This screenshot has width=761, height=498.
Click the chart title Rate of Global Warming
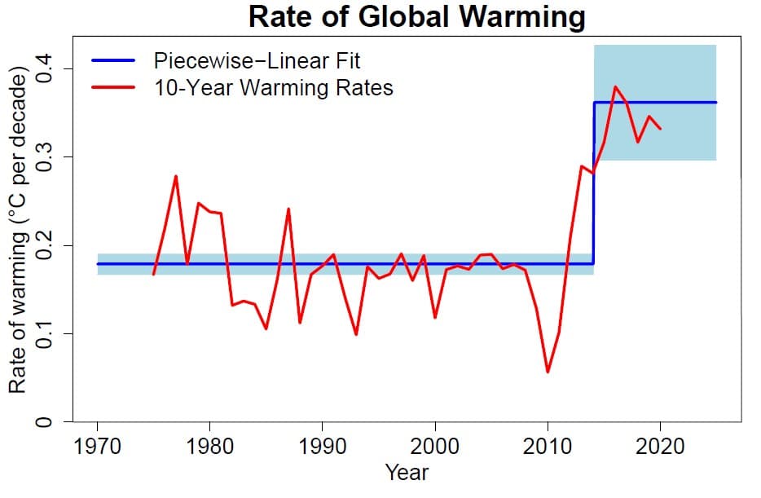416,16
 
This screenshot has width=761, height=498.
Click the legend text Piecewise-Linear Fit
257,60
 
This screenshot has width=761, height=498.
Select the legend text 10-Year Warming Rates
273,87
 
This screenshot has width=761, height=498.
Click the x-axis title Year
407,471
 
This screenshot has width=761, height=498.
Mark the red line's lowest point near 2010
548,372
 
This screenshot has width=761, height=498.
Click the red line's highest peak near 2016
615,86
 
